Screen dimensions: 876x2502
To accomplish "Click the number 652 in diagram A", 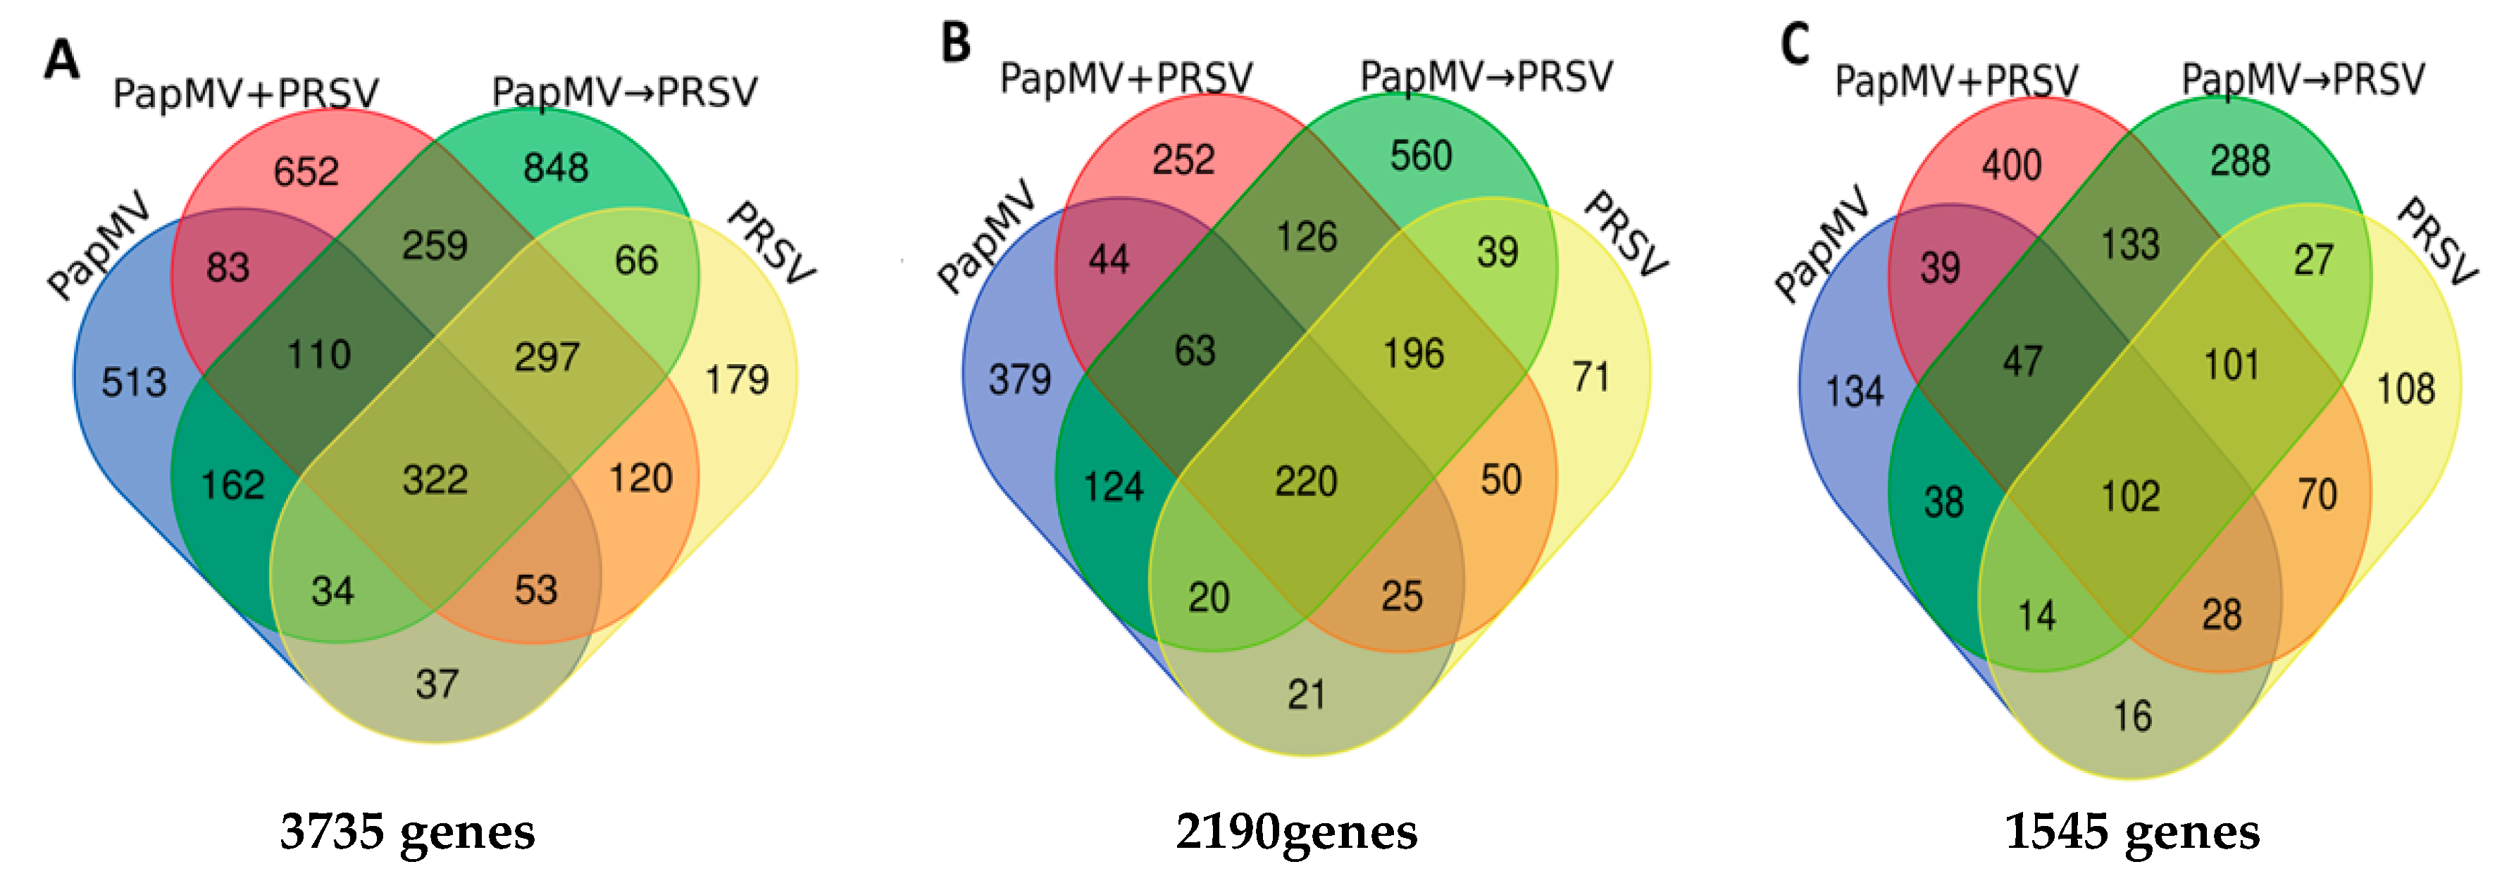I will pos(306,172).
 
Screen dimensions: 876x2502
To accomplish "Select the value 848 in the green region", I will pos(556,168).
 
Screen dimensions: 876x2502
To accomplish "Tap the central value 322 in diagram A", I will pos(435,480).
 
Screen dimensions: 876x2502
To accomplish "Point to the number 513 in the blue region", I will pos(134,382).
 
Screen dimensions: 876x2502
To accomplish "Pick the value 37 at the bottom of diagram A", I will pos(436,684).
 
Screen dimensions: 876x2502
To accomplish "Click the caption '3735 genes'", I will pos(407,832).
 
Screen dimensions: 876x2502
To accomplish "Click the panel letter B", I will pos(956,44).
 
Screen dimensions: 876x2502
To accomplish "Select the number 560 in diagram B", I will pos(1420,156).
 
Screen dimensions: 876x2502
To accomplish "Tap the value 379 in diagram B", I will pos(1020,379).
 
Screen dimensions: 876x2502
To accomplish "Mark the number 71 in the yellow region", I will pos(1591,377).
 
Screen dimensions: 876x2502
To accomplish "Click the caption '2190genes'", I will pos(1295,832).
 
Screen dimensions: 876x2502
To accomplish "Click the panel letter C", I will pos(1795,44).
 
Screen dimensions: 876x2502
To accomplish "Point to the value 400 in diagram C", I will pos(2012,165).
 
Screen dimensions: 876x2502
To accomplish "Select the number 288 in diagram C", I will pos(2240,161).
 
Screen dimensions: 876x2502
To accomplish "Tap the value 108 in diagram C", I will pos(2405,389).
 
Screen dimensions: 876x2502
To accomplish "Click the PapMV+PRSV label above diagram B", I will pos(1126,77).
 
